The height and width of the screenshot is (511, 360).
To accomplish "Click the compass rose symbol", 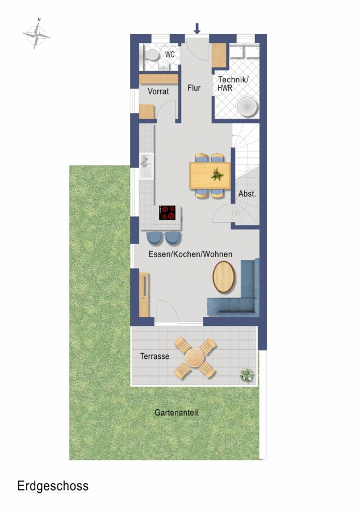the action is [x=36, y=34].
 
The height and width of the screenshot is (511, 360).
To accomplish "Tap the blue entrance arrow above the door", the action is [x=197, y=29].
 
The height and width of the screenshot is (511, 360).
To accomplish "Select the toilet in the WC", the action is [x=152, y=56].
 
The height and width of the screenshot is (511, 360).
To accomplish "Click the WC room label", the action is [x=170, y=55].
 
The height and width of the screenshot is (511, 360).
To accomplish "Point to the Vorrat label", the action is [x=158, y=91].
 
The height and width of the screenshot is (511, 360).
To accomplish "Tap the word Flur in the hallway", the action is [x=194, y=88].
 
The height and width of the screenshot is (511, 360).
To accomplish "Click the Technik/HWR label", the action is [x=233, y=83].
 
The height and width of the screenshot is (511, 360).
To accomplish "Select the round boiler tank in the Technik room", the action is [x=247, y=107].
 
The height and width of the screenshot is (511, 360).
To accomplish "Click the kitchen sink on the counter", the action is [x=146, y=166].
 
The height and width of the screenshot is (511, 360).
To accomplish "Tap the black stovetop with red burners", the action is [x=167, y=212].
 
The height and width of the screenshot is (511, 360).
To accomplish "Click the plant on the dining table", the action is [x=217, y=174].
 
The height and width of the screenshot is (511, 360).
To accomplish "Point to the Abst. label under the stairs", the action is [x=247, y=194].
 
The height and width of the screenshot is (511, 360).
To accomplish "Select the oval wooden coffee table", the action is [x=224, y=277].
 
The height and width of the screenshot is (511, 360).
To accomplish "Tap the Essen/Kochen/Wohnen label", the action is [x=190, y=254].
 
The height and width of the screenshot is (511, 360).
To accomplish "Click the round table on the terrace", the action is [x=195, y=358].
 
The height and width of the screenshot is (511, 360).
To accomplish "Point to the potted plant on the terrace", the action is [x=246, y=375].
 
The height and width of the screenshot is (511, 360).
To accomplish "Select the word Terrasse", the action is [x=155, y=356].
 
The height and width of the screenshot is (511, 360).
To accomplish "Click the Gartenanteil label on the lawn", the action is [x=176, y=413].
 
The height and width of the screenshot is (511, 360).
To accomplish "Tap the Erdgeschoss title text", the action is [x=53, y=486].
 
